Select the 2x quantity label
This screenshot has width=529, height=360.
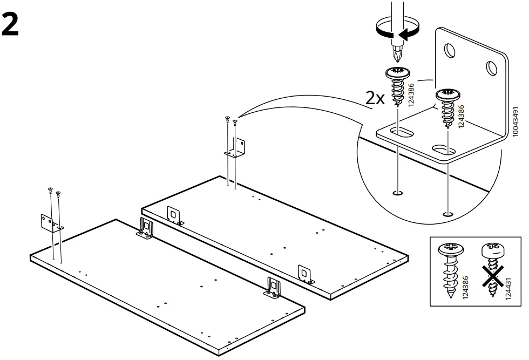coord(375,98)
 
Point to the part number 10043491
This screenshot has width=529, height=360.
coord(517,120)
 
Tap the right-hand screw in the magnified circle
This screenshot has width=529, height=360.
coord(447,108)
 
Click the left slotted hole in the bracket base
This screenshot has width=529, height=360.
coord(403,132)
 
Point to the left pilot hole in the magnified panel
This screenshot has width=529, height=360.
coord(398,193)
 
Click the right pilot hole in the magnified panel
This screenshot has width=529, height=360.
coord(446,215)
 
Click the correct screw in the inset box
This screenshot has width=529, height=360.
coord(451,270)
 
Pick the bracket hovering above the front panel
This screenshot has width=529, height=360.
coord(50,222)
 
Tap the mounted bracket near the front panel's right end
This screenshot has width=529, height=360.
coord(274,287)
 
